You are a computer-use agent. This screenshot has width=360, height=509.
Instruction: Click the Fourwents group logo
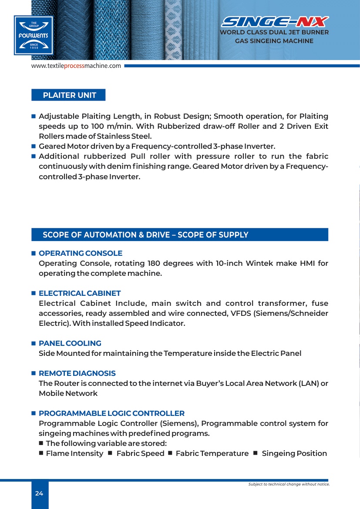[x=34, y=35]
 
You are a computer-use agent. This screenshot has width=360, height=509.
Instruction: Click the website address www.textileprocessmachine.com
[x=76, y=66]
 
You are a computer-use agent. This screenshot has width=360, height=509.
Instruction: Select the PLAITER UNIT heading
[x=69, y=95]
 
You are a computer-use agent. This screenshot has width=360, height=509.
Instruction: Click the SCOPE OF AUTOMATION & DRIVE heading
[x=145, y=235]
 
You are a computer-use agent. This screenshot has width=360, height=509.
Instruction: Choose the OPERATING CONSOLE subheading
[x=81, y=253]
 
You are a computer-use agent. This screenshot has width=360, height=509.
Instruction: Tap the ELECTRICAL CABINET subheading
[x=80, y=293]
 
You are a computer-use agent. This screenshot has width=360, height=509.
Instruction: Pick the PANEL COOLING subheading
[x=70, y=343]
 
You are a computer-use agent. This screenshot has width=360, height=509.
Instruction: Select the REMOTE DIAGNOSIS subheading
[x=77, y=373]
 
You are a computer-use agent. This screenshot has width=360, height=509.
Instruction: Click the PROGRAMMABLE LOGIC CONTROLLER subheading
[x=111, y=413]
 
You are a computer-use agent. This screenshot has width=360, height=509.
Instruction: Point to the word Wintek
[x=260, y=263]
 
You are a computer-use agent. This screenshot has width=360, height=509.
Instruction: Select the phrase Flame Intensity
[x=74, y=453]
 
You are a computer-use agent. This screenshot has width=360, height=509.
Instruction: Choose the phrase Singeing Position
[x=294, y=453]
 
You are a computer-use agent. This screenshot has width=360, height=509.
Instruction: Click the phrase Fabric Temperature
[x=212, y=453]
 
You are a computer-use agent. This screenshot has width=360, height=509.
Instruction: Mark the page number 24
[x=39, y=493]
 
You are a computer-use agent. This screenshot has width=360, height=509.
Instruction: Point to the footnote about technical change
[x=289, y=484]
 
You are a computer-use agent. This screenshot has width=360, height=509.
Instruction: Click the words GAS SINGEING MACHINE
[x=274, y=41]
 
